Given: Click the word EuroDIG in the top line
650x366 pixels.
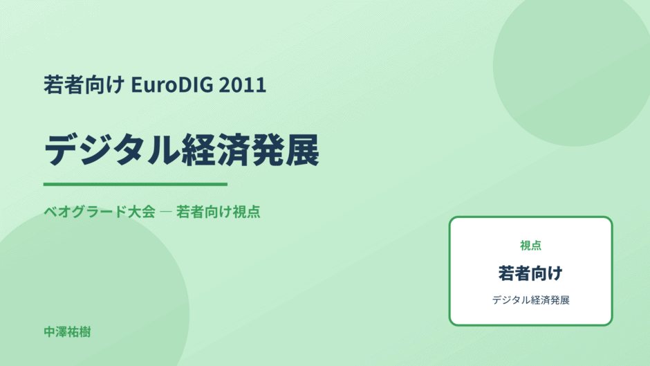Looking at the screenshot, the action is [172, 84].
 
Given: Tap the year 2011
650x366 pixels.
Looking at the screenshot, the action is [243, 84].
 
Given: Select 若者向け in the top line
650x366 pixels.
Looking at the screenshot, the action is [84, 84].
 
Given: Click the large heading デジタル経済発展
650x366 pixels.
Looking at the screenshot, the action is [182, 150].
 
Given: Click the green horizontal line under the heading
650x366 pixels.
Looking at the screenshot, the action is [136, 184].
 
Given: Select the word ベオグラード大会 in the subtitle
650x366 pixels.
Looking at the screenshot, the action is [100, 212].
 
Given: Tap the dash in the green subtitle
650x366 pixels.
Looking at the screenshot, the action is [166, 212].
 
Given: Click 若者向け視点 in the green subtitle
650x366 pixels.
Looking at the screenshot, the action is [218, 212].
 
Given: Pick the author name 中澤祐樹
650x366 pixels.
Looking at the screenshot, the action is [67, 332].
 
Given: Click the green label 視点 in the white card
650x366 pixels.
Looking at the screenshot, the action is [530, 246].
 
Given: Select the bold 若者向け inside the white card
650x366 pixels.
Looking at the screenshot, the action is [530, 273].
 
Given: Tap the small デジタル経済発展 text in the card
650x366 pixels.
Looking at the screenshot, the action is [530, 300].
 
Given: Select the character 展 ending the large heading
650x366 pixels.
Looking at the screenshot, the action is [302, 150].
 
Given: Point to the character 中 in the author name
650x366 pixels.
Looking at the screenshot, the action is [50, 332].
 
